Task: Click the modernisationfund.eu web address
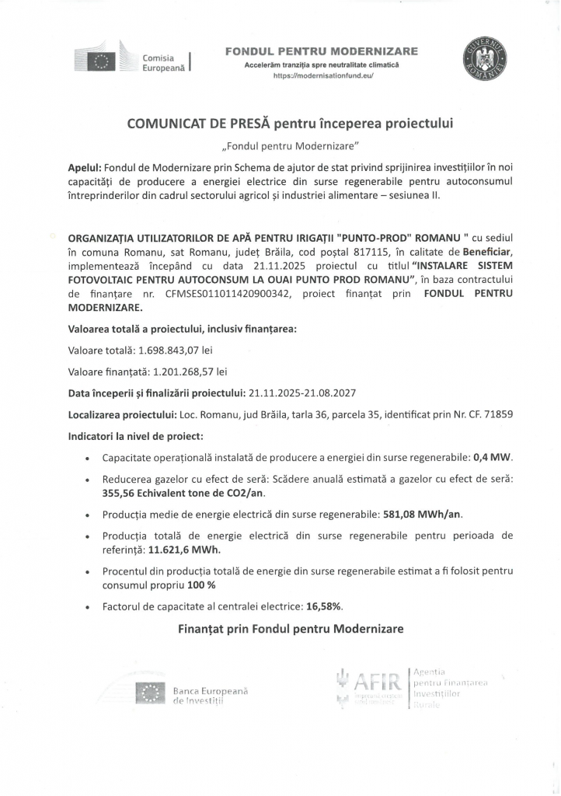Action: coord(321,77)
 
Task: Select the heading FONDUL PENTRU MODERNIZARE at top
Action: coord(321,51)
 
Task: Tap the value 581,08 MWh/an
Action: coord(427,514)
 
